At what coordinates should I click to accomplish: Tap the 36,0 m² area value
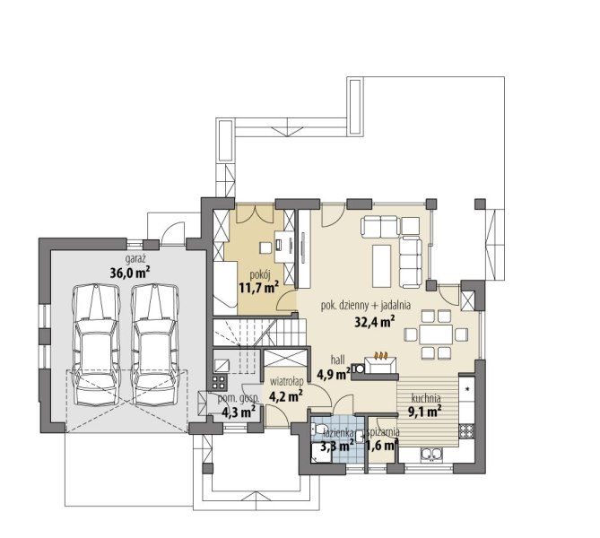click(x=130, y=273)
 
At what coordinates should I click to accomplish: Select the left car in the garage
click(x=96, y=344)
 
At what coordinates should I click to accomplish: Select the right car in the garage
click(x=155, y=344)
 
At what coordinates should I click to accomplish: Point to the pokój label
click(x=260, y=274)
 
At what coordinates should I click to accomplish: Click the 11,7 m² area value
click(x=258, y=287)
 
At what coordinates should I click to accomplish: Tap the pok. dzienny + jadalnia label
click(x=365, y=306)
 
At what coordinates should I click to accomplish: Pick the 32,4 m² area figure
click(x=375, y=322)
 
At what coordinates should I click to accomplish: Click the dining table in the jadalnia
click(x=436, y=334)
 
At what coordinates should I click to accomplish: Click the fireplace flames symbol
click(x=381, y=355)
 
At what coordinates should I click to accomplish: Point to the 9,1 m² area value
click(x=425, y=412)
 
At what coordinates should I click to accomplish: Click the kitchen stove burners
click(x=466, y=431)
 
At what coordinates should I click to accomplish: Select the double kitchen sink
click(x=431, y=455)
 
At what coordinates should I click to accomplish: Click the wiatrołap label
click(x=287, y=381)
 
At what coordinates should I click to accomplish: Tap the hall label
click(x=338, y=360)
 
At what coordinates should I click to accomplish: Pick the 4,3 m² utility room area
click(x=239, y=412)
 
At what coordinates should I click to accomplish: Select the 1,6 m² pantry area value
click(x=381, y=446)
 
